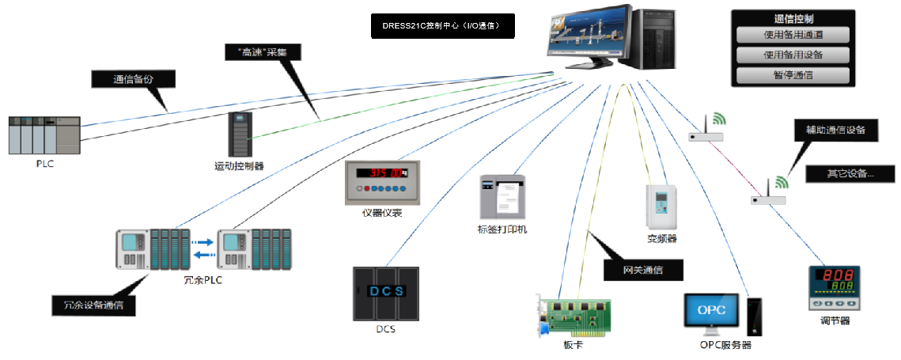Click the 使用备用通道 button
[x=793, y=36]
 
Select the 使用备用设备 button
[x=793, y=55]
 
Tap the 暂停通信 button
[x=793, y=75]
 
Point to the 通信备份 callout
[x=133, y=79]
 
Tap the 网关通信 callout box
[x=642, y=270]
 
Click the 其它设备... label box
[x=850, y=173]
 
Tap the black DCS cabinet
[x=385, y=293]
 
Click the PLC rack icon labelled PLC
[x=44, y=135]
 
